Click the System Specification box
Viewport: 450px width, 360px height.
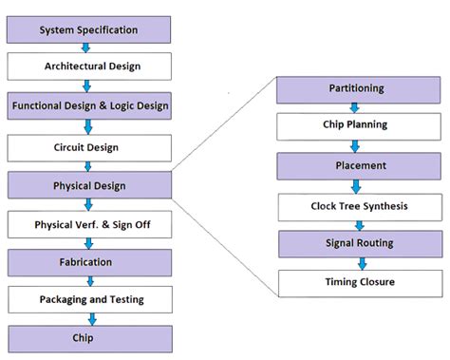89,29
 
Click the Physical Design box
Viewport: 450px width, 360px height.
89,184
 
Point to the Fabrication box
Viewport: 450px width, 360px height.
89,262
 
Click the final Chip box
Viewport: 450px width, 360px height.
89,338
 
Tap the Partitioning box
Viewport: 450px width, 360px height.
356,89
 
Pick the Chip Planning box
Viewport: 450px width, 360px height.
356,124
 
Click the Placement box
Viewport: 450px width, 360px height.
356,165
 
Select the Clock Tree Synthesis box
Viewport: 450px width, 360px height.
356,205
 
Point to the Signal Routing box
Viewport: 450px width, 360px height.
356,243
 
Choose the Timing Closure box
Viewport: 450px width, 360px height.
356,281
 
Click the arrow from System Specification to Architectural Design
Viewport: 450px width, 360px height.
87,47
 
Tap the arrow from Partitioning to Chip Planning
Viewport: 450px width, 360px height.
355,107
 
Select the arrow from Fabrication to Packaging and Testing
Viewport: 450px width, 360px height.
88,280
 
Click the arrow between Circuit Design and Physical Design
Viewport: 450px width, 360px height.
88,165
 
